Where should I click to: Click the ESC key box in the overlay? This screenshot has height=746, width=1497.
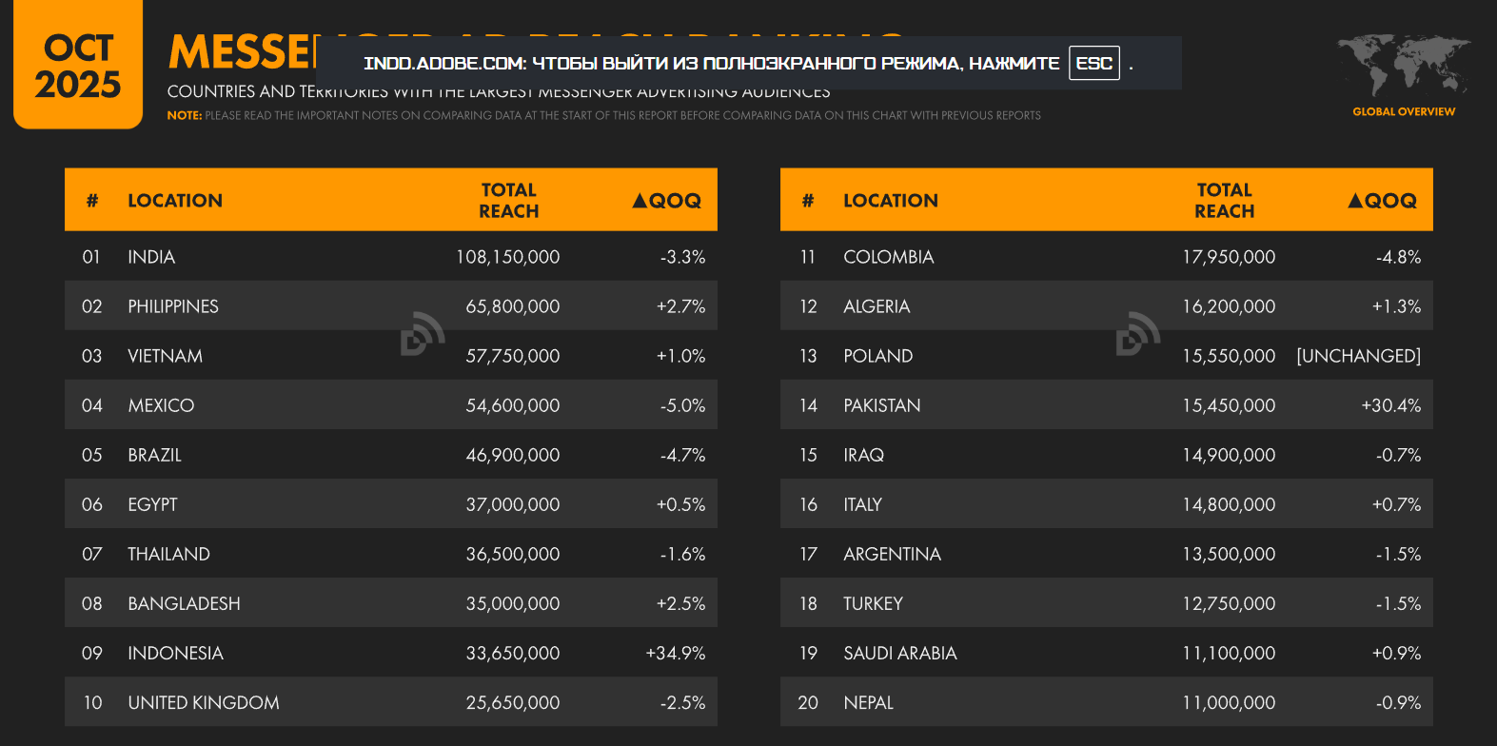click(1093, 64)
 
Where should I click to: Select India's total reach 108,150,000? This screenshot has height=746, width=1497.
click(507, 257)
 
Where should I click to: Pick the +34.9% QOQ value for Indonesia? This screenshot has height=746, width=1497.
click(676, 653)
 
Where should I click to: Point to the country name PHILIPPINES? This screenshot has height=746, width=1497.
click(173, 306)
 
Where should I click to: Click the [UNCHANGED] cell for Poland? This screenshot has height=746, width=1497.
click(1358, 356)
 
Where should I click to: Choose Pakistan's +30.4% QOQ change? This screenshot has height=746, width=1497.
click(1390, 405)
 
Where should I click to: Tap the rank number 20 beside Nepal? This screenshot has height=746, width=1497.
click(808, 702)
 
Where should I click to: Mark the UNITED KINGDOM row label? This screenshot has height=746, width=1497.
click(204, 702)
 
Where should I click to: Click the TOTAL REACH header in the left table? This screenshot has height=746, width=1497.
click(509, 201)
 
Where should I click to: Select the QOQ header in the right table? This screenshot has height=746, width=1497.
click(1383, 201)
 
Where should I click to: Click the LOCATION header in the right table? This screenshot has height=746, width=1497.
click(891, 201)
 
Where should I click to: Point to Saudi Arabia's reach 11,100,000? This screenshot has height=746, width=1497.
click(1229, 653)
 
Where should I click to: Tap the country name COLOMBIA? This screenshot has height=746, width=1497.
click(889, 257)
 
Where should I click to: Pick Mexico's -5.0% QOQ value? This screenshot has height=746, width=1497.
click(682, 405)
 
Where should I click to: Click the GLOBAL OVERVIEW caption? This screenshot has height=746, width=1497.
click(1404, 111)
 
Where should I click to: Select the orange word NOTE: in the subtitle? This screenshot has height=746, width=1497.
click(185, 115)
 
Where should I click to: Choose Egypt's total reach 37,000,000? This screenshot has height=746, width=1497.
click(513, 504)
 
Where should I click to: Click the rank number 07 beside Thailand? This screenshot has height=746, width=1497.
click(92, 554)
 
